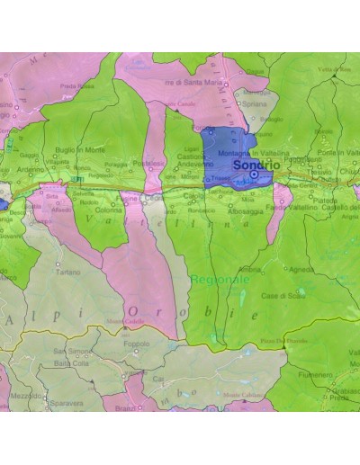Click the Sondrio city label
pos(255,166)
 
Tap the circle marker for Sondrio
pos(255,175)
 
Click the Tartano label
pos(68,271)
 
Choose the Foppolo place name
pos(136,343)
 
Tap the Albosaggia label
pos(244,200)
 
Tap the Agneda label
pos(302,269)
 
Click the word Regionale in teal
pos(219,281)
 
